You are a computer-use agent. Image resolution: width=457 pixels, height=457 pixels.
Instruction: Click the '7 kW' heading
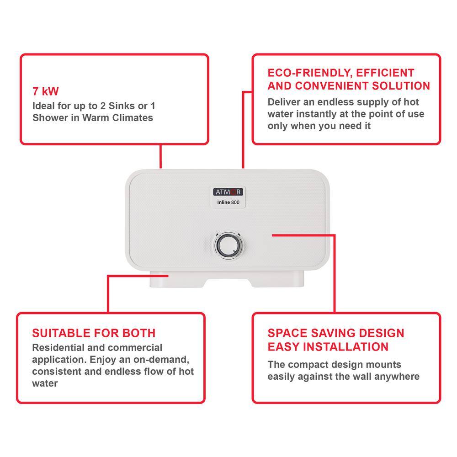point(45,91)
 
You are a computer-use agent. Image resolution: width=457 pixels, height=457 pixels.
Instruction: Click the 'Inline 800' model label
point(228,202)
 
